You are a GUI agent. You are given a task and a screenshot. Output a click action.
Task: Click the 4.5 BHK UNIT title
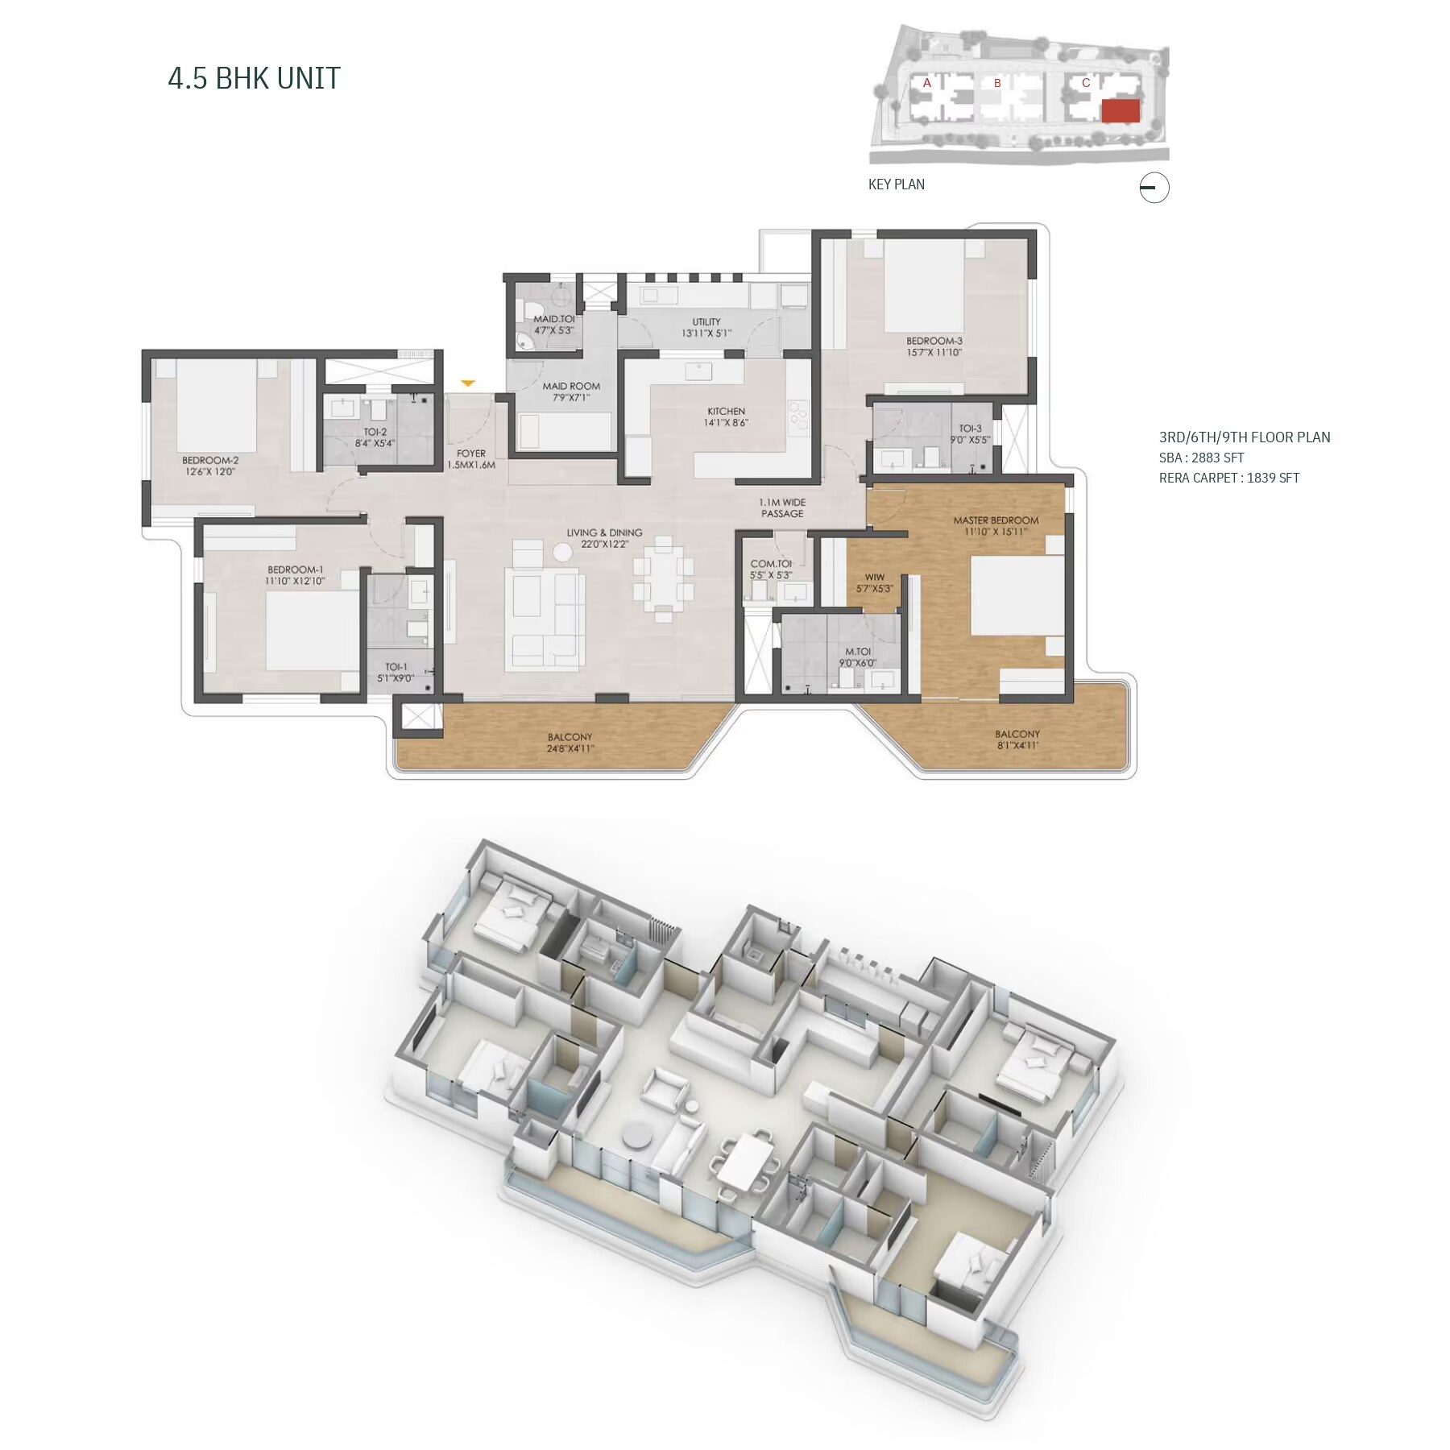point(254,78)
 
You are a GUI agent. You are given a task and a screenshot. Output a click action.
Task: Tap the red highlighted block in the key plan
point(1121,111)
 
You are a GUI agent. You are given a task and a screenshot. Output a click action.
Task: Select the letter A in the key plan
point(927,83)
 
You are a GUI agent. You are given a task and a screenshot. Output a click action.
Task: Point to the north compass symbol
point(1154,188)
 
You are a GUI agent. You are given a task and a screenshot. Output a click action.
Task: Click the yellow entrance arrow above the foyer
point(468,383)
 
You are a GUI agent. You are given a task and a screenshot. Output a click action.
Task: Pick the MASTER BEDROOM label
point(996,520)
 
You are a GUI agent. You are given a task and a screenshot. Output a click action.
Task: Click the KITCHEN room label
point(726,412)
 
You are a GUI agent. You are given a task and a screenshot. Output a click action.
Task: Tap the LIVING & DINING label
point(604,532)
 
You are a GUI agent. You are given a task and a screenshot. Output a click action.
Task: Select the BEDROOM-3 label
point(934,341)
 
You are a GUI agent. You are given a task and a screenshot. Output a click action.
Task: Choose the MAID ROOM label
point(571,386)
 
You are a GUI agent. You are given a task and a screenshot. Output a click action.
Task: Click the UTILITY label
point(706,322)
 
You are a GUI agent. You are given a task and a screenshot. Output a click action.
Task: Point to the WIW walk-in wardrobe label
point(874,578)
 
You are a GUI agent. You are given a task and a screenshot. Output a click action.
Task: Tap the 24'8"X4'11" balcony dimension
point(570,748)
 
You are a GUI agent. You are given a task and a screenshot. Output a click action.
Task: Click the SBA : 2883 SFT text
point(1201,458)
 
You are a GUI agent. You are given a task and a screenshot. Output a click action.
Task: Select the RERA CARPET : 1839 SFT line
point(1229,478)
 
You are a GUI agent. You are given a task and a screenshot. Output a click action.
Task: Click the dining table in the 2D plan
point(663,578)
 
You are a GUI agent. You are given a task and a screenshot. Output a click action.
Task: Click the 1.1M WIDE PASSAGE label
point(782,507)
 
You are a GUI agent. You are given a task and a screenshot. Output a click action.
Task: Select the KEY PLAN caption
point(896,184)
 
